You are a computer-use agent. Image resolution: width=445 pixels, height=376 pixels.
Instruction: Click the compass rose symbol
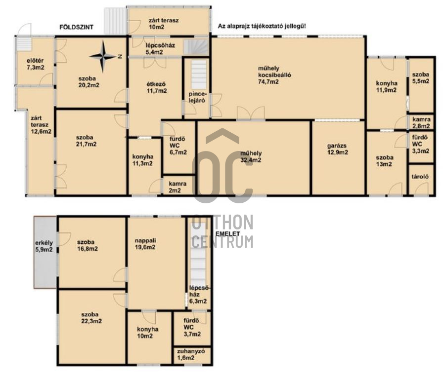(103, 57)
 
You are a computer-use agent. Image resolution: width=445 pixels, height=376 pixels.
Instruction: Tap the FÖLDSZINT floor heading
(76, 27)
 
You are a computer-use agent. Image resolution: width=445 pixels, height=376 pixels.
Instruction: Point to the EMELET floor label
(227, 234)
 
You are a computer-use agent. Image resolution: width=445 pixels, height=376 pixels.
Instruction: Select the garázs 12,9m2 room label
(338, 149)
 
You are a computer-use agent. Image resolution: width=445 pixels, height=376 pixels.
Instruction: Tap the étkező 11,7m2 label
(156, 87)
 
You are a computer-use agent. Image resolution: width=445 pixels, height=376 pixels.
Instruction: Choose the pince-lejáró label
(197, 97)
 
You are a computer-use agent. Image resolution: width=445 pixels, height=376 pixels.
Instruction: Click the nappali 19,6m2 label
(145, 244)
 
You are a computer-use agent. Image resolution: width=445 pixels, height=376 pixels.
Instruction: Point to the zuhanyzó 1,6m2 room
(192, 355)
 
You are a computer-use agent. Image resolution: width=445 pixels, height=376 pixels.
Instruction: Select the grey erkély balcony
(45, 252)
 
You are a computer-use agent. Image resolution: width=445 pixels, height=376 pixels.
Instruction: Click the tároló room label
(420, 177)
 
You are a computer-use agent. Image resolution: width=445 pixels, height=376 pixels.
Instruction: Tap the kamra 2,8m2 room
(421, 122)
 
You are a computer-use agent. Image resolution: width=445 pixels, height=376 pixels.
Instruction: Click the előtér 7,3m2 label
(36, 64)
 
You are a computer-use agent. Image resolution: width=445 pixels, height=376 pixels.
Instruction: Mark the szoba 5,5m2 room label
(421, 78)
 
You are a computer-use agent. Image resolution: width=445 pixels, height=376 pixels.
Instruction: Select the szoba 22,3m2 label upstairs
(91, 318)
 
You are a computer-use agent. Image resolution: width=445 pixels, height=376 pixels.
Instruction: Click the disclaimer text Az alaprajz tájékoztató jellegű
(262, 26)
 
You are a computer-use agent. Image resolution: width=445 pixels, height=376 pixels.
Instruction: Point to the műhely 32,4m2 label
(251, 156)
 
